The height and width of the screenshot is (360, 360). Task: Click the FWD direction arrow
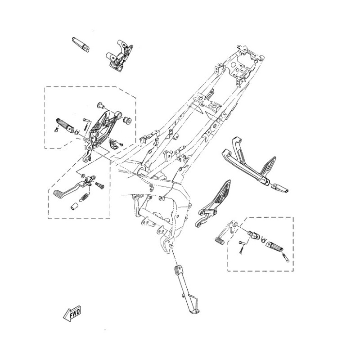72,313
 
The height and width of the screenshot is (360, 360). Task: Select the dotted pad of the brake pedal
58,193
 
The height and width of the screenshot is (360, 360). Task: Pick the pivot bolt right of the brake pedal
99,184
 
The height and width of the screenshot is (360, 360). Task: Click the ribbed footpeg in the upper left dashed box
65,125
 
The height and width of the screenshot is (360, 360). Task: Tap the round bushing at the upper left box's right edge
127,120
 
